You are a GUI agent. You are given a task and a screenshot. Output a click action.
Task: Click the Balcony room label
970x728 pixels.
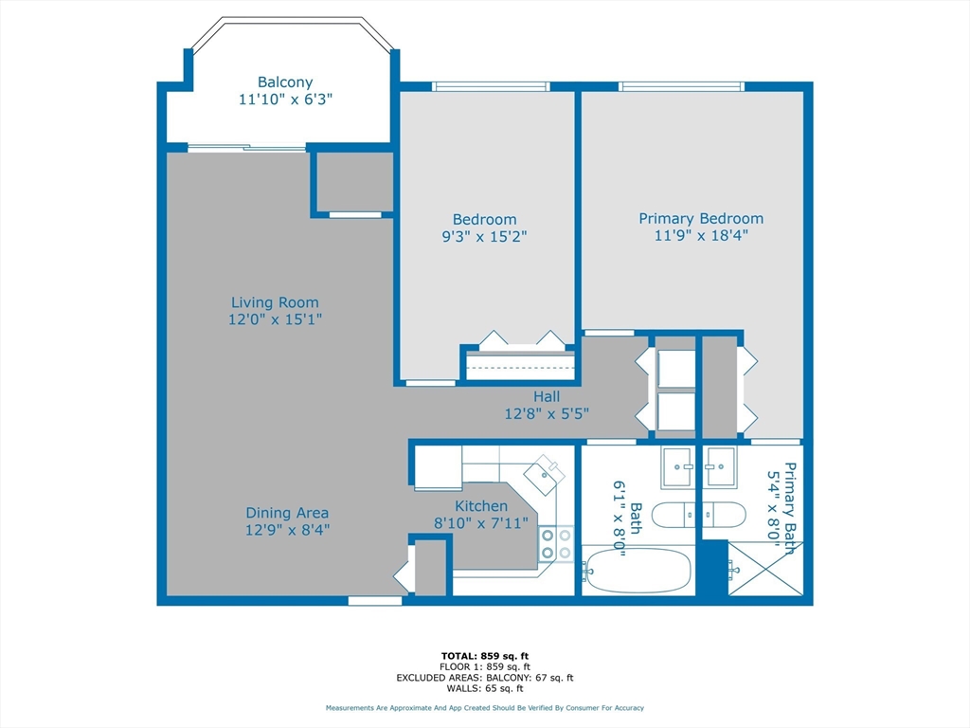tap(285, 82)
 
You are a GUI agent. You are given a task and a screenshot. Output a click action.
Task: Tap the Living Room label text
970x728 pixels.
tap(276, 302)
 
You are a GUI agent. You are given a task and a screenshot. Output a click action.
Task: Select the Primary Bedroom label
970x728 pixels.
tap(701, 219)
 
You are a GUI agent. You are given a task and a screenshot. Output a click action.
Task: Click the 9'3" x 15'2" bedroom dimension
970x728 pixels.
tap(484, 236)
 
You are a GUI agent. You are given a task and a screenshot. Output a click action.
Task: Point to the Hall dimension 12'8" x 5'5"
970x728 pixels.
tap(547, 413)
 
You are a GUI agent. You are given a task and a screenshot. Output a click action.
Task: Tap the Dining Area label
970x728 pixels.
tap(287, 513)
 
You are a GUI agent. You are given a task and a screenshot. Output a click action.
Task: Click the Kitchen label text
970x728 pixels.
tap(481, 506)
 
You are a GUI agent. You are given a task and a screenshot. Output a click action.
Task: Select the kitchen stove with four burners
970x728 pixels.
tap(556, 543)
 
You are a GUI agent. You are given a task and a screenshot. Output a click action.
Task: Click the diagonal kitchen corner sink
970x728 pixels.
tap(545, 474)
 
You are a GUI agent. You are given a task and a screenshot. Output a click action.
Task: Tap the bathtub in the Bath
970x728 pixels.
tap(638, 570)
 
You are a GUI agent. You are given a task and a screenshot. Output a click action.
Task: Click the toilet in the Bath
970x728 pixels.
tap(674, 515)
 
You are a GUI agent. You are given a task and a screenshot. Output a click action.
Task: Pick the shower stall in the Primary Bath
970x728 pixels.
tap(765, 569)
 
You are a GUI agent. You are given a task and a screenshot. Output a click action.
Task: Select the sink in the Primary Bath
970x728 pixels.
tap(720, 466)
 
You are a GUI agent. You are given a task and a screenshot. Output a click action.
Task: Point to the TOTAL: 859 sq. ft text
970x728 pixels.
tap(485, 656)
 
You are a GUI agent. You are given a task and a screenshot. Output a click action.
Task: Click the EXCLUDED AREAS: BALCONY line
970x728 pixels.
tap(485, 678)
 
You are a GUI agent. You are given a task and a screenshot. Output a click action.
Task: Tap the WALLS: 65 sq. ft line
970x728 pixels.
tap(485, 688)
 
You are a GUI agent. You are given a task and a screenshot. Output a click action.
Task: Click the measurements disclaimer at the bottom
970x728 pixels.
tap(485, 707)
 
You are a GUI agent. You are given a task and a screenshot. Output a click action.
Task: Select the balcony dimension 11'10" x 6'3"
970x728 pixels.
tap(286, 99)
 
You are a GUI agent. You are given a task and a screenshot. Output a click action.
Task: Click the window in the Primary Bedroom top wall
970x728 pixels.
tap(681, 86)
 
